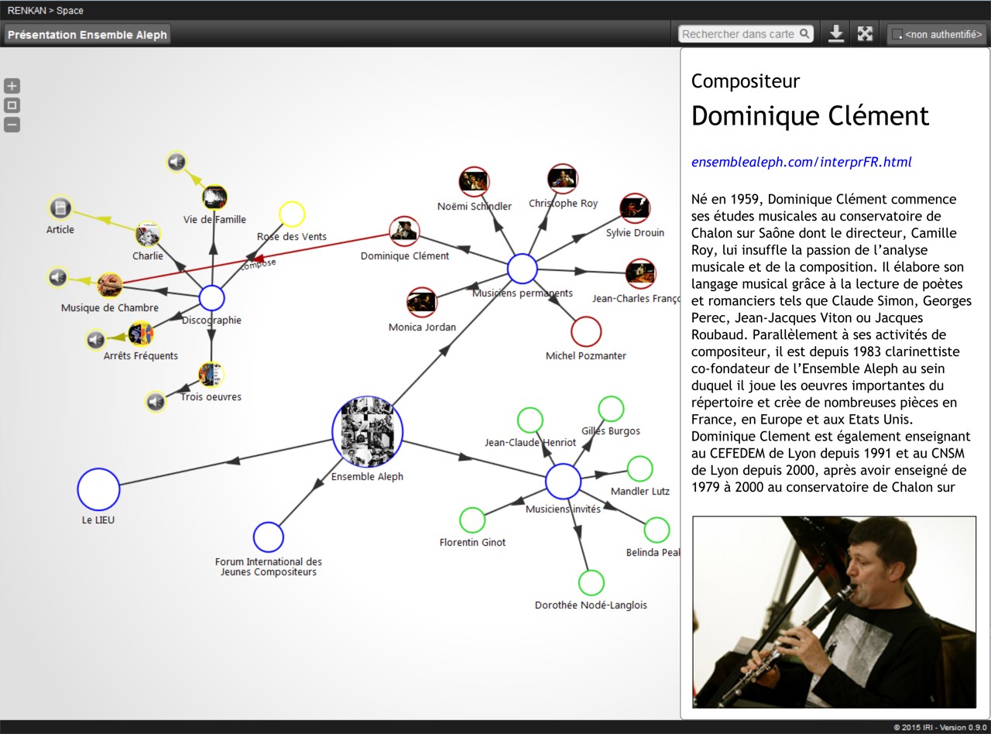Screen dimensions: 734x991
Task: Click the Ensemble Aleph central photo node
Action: [368, 432]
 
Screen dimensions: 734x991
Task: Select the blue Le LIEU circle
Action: [98, 489]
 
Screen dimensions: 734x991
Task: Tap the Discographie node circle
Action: [211, 298]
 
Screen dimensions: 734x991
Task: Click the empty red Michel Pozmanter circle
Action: [586, 331]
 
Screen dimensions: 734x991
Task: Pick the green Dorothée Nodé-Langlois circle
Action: [591, 582]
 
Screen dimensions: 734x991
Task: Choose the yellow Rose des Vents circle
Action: [291, 214]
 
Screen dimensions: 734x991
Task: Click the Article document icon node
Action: [60, 208]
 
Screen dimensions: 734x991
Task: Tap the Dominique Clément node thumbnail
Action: [403, 231]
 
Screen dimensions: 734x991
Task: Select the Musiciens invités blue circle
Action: [563, 482]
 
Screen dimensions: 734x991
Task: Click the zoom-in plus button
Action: [12, 86]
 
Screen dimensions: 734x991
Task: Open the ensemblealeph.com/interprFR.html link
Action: [801, 162]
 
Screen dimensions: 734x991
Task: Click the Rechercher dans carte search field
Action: [739, 34]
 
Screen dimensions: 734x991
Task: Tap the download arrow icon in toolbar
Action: [836, 34]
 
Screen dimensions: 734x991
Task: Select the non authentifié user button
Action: [937, 35]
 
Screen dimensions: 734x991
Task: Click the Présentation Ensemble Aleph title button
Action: [87, 35]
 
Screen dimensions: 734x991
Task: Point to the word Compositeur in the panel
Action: [745, 81]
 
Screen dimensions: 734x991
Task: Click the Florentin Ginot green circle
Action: [472, 520]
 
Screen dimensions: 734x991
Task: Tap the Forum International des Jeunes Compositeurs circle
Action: [268, 537]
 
